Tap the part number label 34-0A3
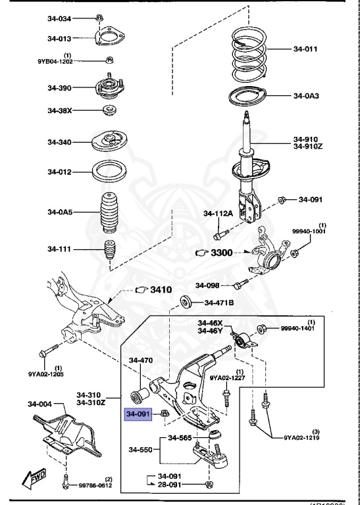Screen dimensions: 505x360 (x=306, y=96)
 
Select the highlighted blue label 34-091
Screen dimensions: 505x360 (x=139, y=414)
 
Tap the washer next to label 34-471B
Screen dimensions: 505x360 (x=186, y=302)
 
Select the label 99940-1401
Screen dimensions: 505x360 (x=298, y=329)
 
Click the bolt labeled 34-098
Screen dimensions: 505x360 (x=240, y=285)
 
